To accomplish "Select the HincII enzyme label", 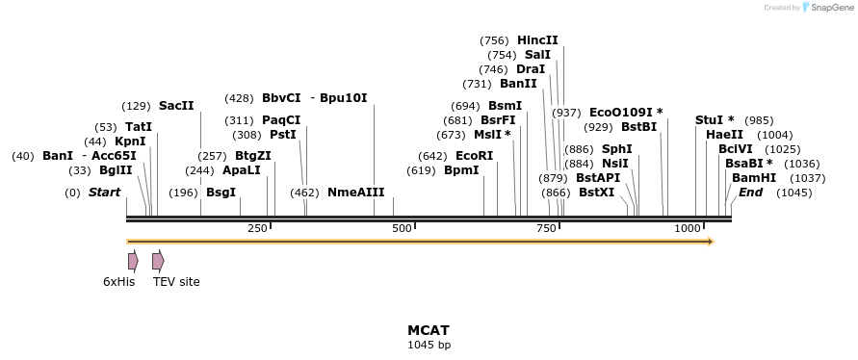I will pos(537,40).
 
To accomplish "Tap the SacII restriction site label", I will pos(176,106).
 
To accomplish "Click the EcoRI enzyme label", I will pos(474,156).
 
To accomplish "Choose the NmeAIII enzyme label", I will pos(355,193).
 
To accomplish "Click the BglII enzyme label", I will pos(116,170).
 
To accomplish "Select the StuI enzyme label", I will pos(715,120).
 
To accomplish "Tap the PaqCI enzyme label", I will pos(281,120).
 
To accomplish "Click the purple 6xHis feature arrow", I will pos(133,261).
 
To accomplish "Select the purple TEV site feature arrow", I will pos(158,261).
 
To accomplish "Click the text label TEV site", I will pos(176,282).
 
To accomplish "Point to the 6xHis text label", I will pos(118,282).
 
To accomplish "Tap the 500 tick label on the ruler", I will pos(403,228).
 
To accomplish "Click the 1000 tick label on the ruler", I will pos(687,228).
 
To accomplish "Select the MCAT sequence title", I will pos(429,330).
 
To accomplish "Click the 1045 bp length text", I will pos(429,345).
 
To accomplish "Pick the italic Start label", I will pos(104,193).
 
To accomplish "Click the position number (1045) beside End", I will pos(793,193).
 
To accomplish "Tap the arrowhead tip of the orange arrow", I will pos(713,242).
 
